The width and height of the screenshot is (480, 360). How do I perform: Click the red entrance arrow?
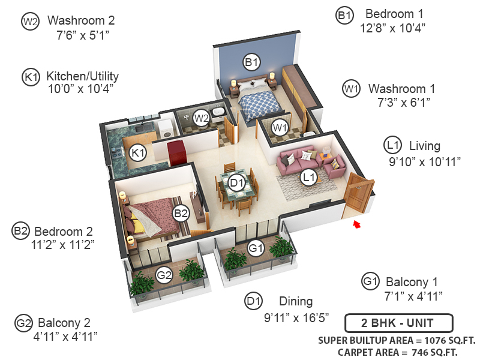(x=358, y=224)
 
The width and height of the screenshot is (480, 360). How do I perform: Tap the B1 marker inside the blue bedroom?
(x=251, y=61)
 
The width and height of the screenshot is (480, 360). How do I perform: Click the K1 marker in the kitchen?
(x=139, y=152)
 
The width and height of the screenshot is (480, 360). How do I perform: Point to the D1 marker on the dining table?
(x=237, y=183)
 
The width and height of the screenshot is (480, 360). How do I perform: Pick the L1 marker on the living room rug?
(x=309, y=177)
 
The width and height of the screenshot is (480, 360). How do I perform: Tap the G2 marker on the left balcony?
(x=164, y=275)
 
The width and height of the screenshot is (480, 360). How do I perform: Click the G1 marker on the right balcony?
(x=256, y=247)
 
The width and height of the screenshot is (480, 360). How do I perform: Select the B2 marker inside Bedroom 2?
(x=181, y=212)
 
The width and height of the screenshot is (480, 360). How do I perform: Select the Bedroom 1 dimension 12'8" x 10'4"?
(x=394, y=28)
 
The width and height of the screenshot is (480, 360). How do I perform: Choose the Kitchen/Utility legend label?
(x=82, y=76)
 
